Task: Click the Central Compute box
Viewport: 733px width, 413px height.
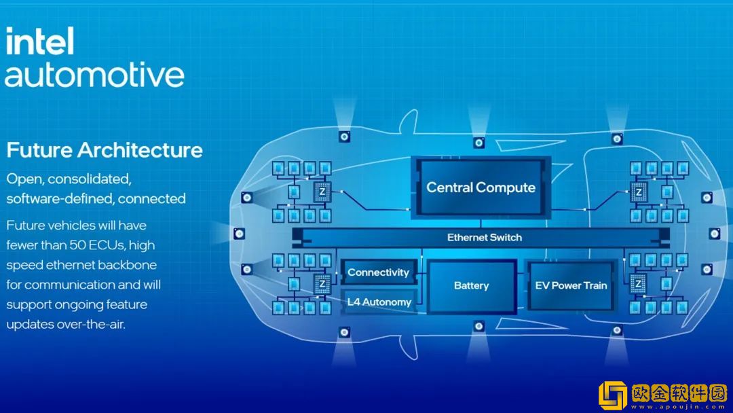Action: click(481, 187)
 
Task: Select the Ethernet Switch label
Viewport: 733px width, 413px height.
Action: click(484, 237)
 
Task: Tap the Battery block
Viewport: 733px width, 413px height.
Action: click(471, 285)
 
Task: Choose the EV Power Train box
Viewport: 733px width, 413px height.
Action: click(571, 285)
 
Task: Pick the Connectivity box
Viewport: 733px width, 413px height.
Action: click(378, 272)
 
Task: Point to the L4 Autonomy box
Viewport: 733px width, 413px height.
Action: click(379, 302)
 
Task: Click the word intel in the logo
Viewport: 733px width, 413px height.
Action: click(39, 42)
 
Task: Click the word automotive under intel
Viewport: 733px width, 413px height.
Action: click(94, 75)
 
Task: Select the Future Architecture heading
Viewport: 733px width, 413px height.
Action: click(105, 149)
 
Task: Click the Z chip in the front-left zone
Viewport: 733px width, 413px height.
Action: click(322, 192)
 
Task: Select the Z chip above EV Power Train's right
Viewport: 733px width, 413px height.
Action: click(638, 192)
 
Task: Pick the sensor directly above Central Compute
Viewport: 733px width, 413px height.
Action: click(479, 143)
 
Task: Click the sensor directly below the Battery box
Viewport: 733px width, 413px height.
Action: click(479, 327)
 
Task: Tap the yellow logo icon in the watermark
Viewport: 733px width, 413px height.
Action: click(613, 395)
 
